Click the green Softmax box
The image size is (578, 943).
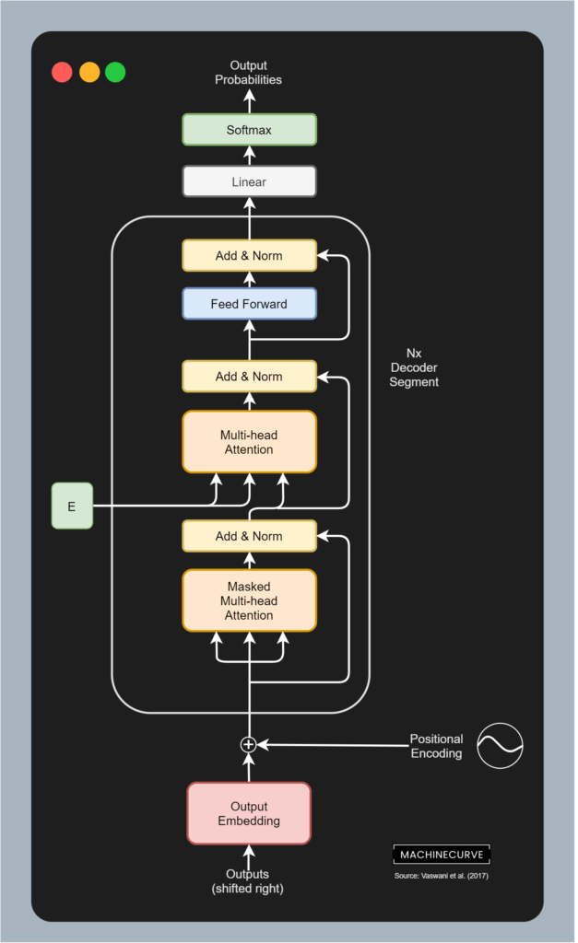(249, 130)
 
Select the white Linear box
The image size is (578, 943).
(249, 181)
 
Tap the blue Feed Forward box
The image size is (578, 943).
(249, 304)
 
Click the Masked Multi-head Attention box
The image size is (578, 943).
(249, 600)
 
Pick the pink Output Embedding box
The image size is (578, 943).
(249, 813)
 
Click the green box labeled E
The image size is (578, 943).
(72, 506)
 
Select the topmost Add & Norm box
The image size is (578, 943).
(249, 255)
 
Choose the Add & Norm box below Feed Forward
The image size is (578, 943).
(249, 377)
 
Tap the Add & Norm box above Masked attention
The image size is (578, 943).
(249, 536)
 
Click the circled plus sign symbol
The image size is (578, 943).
(248, 744)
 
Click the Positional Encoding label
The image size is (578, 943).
(436, 746)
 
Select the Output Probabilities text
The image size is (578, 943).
(249, 73)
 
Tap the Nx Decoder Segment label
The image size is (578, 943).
(414, 367)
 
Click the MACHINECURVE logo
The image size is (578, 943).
(442, 854)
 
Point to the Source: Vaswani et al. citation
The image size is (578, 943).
(442, 876)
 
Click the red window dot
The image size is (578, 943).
(62, 72)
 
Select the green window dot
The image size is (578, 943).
(115, 72)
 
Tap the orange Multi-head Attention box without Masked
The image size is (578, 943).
(249, 442)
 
